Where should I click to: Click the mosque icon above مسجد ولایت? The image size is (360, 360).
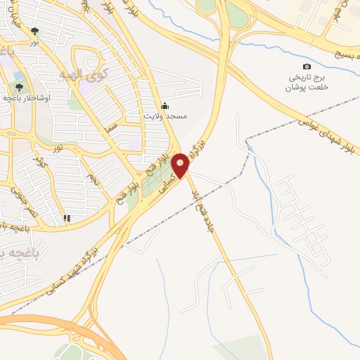tap(165, 105)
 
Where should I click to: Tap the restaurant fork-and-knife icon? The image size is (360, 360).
tap(67, 218)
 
